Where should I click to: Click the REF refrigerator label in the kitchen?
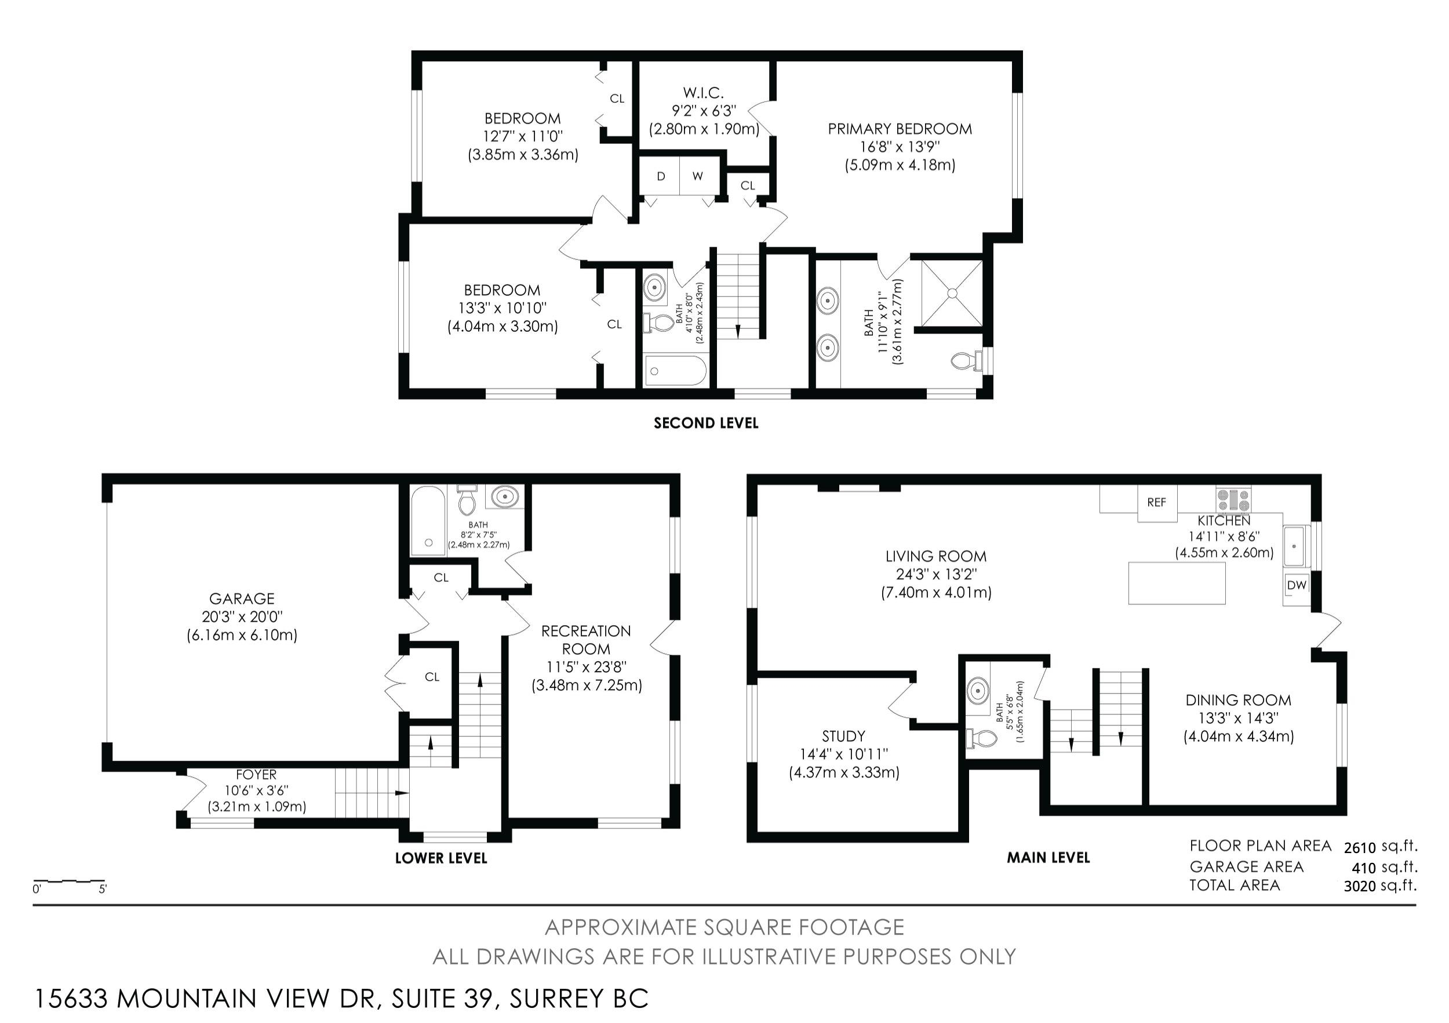(1157, 503)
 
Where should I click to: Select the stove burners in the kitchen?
(1234, 500)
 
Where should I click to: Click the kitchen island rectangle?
(1177, 583)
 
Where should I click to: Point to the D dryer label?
(661, 176)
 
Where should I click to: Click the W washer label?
(697, 176)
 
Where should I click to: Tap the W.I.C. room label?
(703, 93)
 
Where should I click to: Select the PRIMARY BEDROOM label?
(900, 129)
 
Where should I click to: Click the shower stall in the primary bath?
(952, 293)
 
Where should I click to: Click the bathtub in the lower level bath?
(428, 520)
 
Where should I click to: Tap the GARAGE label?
(242, 598)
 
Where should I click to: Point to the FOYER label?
(256, 775)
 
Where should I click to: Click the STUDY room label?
(843, 737)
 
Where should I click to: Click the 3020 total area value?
(1359, 886)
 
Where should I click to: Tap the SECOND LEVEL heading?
(705, 423)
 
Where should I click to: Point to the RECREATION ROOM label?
(587, 640)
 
